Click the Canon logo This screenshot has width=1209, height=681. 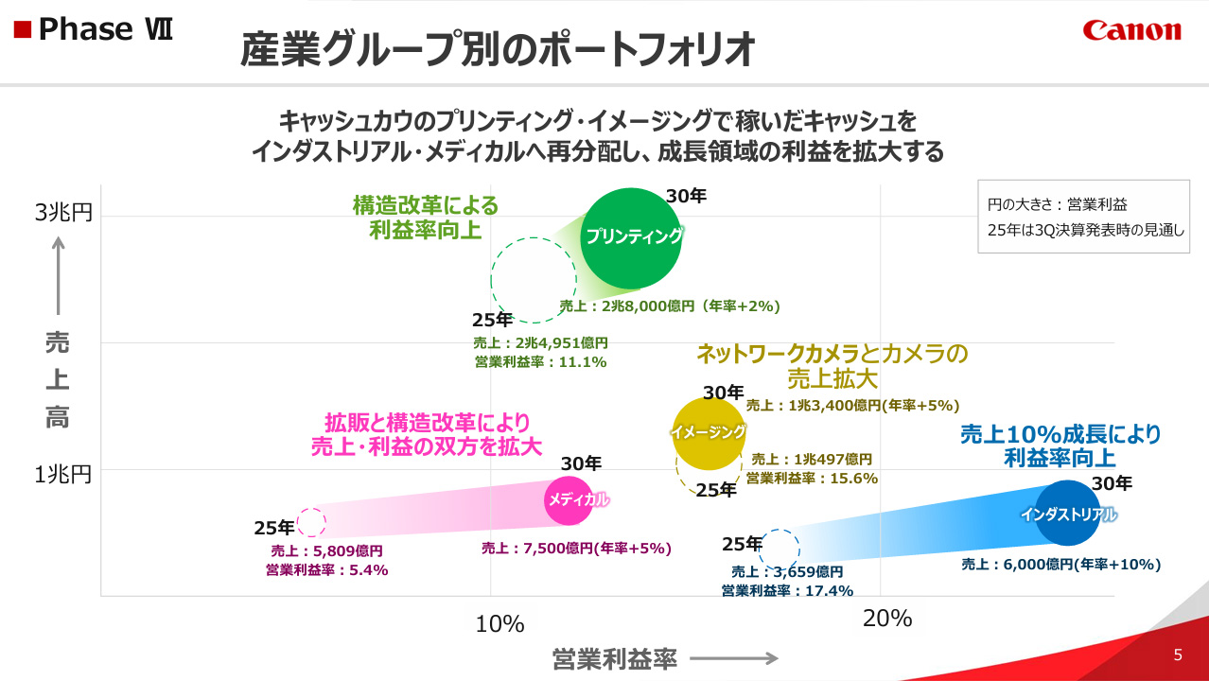(1131, 30)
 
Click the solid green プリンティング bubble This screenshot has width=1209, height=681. (631, 237)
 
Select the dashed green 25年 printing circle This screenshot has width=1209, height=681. (533, 280)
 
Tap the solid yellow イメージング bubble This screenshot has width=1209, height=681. (708, 432)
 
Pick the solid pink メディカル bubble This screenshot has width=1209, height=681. (574, 500)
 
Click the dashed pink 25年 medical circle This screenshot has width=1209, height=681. (311, 522)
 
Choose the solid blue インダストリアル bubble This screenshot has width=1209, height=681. (1068, 514)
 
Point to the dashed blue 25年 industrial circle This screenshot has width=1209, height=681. (780, 548)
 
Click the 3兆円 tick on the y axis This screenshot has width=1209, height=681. (63, 214)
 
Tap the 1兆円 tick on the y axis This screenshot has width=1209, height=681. (63, 474)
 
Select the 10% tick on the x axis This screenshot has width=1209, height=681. (499, 624)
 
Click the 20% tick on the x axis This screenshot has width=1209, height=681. (887, 620)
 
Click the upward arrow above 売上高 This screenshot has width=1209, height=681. (59, 274)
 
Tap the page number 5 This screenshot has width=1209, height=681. (1178, 655)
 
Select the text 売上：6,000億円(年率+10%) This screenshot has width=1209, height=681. (1060, 565)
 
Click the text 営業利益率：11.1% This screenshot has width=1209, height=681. (540, 361)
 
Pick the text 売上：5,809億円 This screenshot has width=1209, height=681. (326, 550)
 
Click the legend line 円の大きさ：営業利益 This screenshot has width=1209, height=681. (1057, 204)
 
